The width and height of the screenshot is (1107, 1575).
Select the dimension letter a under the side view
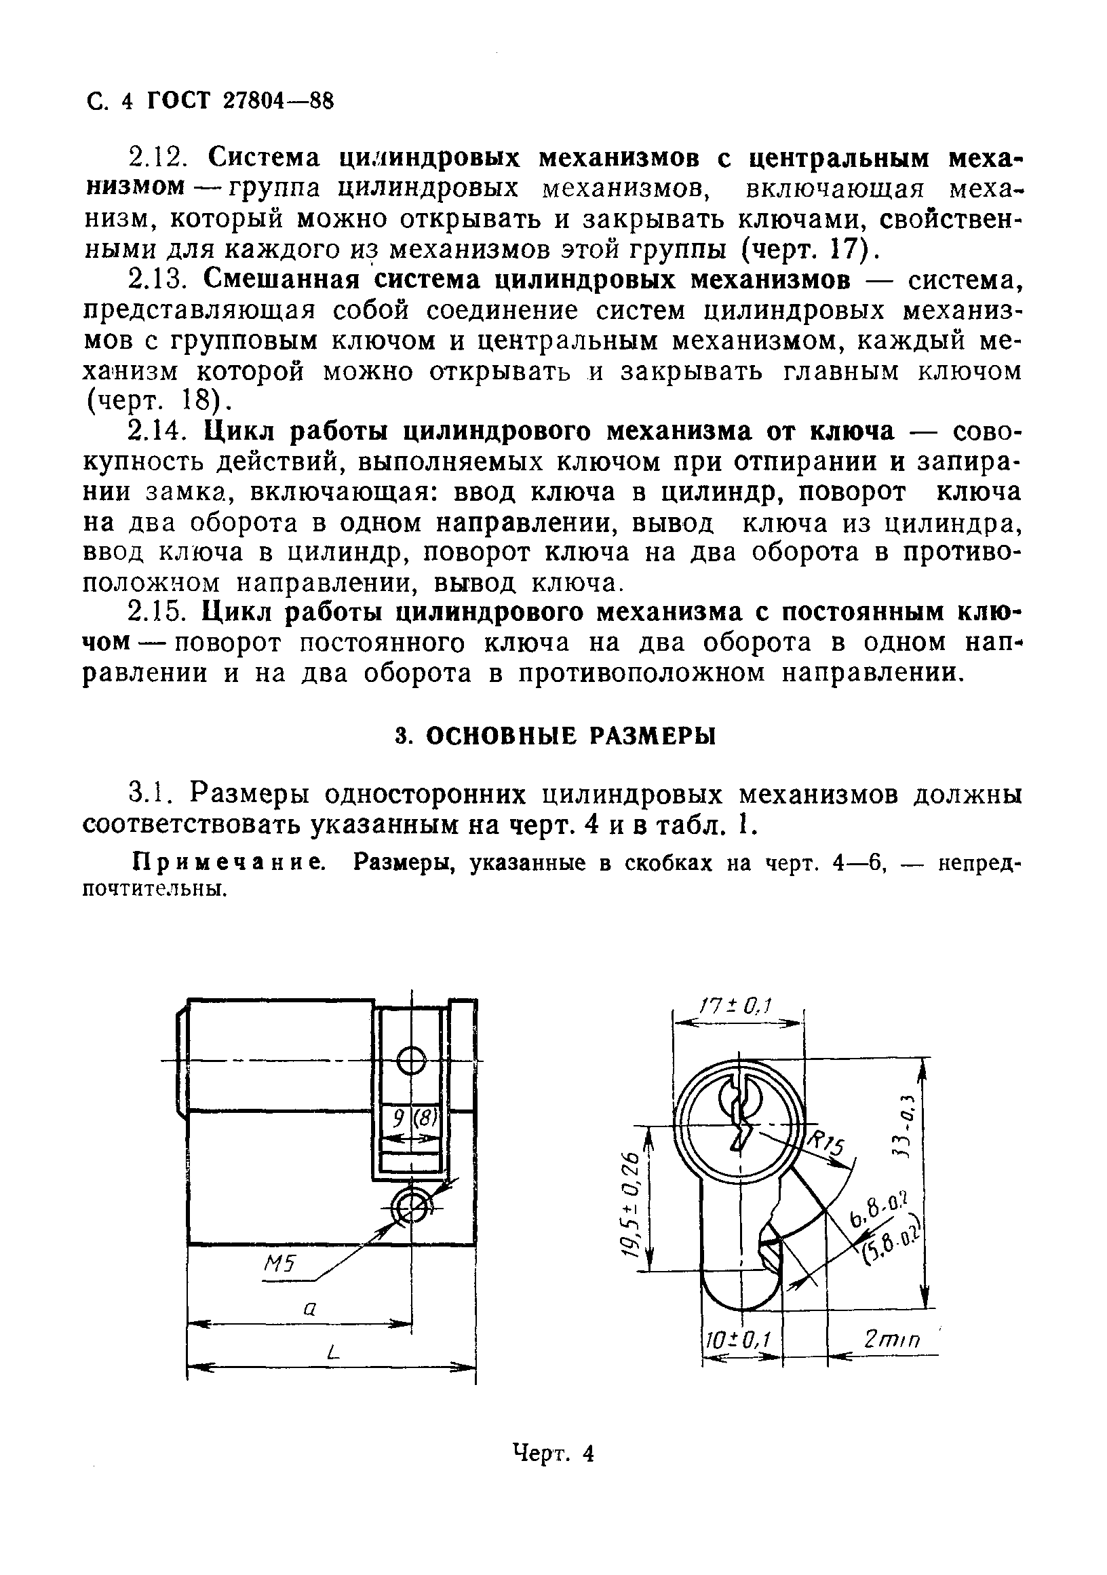tap(309, 1308)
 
